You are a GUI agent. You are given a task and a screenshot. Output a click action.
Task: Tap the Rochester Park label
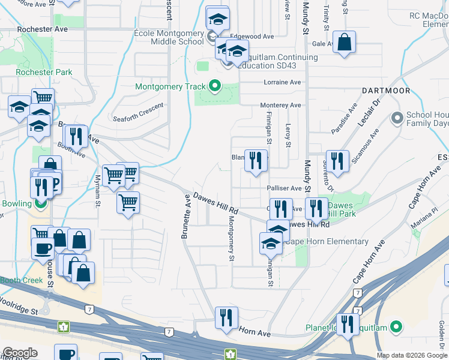coord(44,73)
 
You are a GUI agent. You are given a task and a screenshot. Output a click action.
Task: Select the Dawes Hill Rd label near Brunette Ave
coord(215,205)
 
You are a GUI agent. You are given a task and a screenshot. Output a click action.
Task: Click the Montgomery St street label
coord(230,238)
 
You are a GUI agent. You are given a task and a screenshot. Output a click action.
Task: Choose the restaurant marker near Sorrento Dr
coord(337,161)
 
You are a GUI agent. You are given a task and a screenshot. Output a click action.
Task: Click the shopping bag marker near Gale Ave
coord(344,42)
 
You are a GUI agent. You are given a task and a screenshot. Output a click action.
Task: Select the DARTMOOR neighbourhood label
coord(386,91)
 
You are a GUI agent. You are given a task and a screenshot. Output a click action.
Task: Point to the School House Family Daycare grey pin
coord(396,118)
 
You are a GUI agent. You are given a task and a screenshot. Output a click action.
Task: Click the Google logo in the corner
coord(20,353)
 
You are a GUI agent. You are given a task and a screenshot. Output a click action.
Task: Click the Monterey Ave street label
coord(280,106)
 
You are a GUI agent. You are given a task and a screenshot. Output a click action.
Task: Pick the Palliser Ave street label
coord(284,188)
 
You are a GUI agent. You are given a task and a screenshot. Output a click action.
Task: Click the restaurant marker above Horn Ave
coord(226,317)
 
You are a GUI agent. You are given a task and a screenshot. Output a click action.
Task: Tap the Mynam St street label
coord(97,195)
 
